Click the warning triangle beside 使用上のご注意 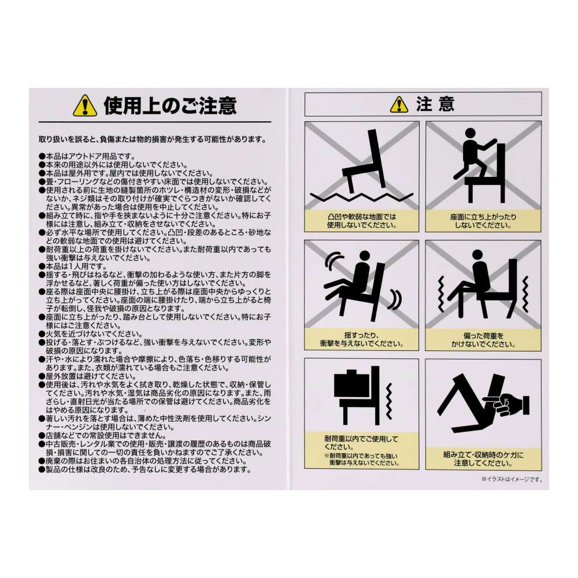(85, 106)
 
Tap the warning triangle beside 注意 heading (399, 105)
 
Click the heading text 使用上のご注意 (170, 106)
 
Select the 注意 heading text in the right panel (435, 104)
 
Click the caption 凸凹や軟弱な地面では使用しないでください (362, 221)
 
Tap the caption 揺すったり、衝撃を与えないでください (362, 339)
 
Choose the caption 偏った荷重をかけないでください (483, 340)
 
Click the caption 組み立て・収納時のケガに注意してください (483, 459)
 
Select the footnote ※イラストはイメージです (512, 480)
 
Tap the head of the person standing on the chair (470, 134)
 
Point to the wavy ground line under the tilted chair (362, 197)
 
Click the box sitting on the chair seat (351, 386)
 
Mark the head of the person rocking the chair (364, 256)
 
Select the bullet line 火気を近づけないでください (91, 334)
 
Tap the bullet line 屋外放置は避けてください (87, 377)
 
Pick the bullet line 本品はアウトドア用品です (87, 157)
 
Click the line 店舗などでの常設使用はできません (103, 436)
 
